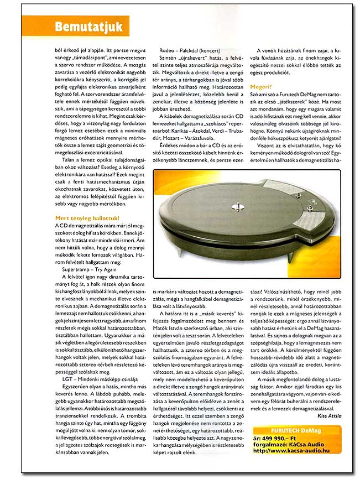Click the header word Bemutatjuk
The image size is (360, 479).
91,26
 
